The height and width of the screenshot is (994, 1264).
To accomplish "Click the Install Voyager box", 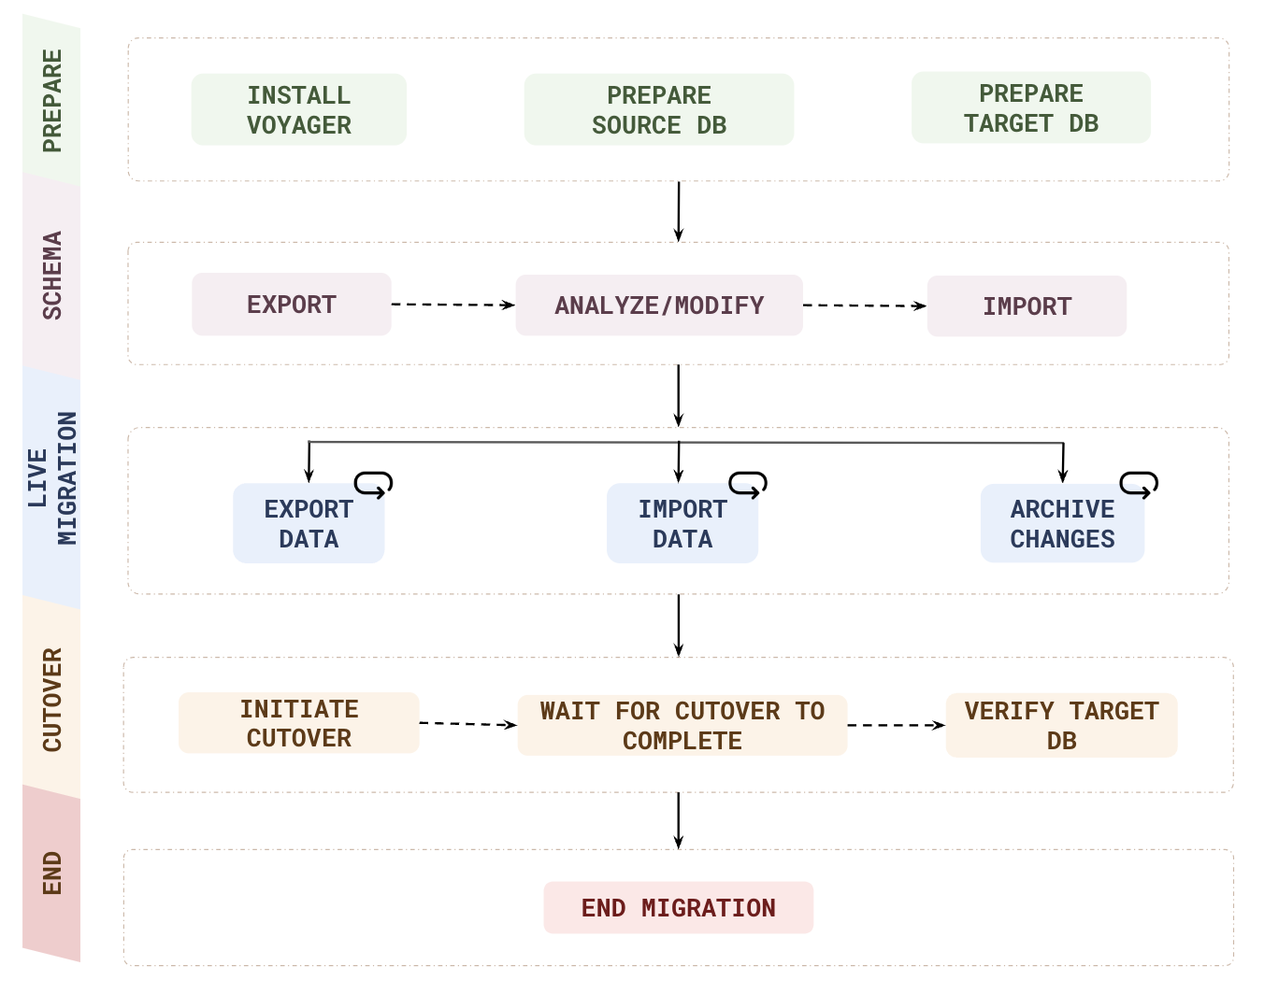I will coord(298,110).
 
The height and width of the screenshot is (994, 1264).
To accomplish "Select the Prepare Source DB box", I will coord(658,110).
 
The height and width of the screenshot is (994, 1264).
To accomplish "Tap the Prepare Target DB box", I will coord(1030,108).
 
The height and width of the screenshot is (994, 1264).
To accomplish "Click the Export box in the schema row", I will coord(291,305).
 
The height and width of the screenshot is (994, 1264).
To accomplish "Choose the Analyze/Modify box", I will coord(658,305).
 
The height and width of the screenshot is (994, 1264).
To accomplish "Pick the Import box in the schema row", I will coord(1026,306).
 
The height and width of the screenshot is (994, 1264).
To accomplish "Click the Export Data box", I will coord(309,523).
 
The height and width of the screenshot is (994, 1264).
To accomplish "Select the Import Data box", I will coord(682,523).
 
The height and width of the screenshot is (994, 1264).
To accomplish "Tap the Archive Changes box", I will coord(1061,523).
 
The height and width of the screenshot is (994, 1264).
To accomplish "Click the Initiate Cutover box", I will coord(298,723).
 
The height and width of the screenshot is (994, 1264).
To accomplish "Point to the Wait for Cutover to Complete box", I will coord(682,726).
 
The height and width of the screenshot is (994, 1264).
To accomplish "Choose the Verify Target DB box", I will coord(1060,726).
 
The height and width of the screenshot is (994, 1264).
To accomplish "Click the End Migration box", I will coord(678,908).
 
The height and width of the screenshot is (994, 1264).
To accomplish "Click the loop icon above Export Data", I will coord(373,484).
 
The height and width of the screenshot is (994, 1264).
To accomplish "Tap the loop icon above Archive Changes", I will coord(1139,484).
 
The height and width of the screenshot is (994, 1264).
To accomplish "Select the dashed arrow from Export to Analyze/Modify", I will coord(452,305).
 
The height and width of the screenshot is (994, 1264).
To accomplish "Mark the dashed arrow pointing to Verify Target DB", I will coord(896,725).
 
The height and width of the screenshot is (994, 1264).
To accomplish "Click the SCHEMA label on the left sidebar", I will coord(52,276).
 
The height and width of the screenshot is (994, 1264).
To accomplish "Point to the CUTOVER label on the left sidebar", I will coord(52,700).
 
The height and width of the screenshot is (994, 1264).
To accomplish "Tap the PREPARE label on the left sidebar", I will coord(52,101).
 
